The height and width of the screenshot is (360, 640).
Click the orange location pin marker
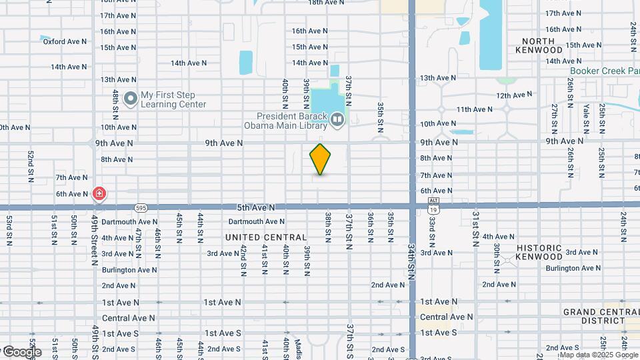[321, 159]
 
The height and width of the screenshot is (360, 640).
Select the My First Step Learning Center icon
[130, 99]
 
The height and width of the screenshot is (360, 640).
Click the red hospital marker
[99, 194]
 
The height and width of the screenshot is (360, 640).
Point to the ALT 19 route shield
[433, 206]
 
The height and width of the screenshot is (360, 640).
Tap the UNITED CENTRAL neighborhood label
[266, 237]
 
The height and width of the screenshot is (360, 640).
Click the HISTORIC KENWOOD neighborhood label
[539, 252]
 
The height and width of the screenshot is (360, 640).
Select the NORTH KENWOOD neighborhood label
[543, 45]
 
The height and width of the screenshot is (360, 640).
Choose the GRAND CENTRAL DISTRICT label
[600, 316]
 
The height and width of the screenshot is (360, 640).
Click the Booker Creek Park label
[604, 71]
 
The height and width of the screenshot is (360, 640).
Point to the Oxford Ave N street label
[65, 41]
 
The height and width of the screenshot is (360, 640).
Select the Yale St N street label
[586, 115]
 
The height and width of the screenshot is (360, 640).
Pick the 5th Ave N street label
[254, 207]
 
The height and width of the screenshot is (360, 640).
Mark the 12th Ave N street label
[515, 96]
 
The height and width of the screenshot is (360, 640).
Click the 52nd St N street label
[31, 166]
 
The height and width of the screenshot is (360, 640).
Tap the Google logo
[21, 352]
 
